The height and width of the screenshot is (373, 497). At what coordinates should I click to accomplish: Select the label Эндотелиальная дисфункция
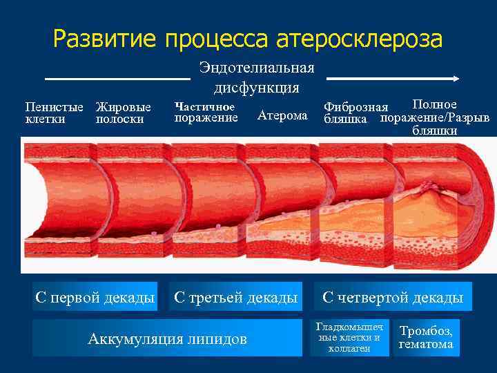coord(256,77)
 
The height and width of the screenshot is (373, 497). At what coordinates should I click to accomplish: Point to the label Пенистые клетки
coord(54,113)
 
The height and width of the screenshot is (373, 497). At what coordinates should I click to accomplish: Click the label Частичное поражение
coord(206,112)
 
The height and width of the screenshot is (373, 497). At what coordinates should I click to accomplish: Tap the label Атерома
coord(282,116)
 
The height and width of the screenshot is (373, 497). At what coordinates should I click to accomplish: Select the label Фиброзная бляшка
coord(355,113)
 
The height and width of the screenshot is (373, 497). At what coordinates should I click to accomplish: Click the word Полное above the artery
coord(434,104)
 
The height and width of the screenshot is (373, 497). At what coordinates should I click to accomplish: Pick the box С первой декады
coord(95,297)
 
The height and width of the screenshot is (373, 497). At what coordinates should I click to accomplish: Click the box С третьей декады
coord(235,297)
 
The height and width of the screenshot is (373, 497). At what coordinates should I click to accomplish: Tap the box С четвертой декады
coord(393,297)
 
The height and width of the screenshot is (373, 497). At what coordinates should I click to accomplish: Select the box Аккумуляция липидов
coord(167,338)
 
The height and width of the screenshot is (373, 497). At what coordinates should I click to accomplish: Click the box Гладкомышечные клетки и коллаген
coord(349,337)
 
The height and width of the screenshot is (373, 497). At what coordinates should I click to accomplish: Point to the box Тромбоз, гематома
coord(426,337)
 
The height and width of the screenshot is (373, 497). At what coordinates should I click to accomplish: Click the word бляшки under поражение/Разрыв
coord(434,130)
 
